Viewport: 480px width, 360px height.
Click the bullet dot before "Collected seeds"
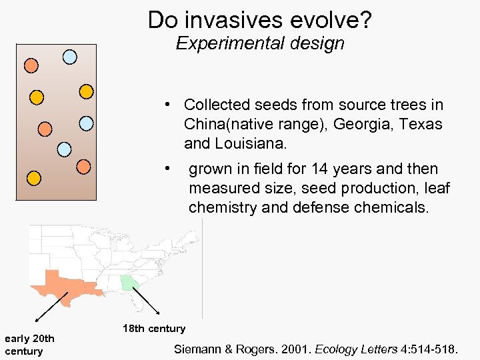pos(171,104)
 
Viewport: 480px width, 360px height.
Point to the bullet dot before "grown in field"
pos(171,168)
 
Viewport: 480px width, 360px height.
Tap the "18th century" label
pos(154,329)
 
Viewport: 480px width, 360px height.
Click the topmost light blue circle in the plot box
pos(69,57)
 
